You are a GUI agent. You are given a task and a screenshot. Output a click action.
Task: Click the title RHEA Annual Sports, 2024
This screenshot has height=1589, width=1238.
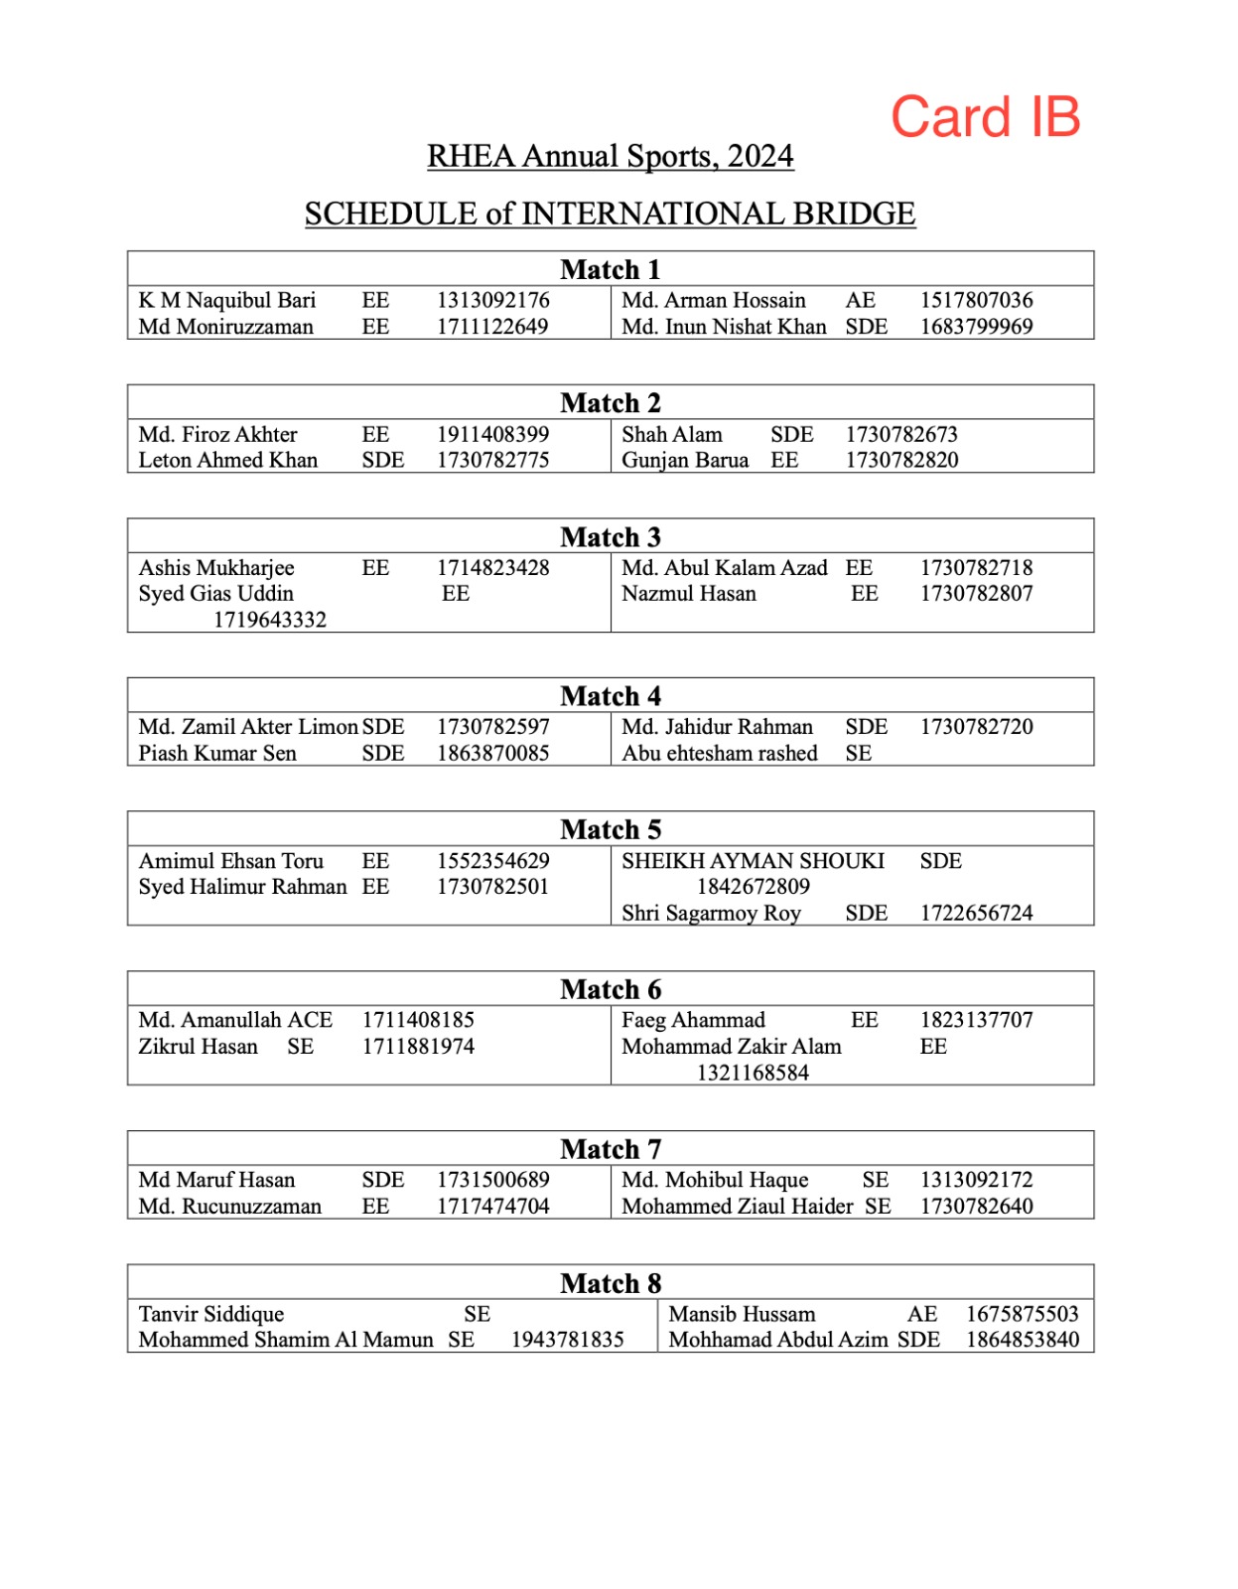pos(610,157)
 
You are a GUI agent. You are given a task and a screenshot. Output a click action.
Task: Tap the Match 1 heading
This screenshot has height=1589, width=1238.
pos(610,269)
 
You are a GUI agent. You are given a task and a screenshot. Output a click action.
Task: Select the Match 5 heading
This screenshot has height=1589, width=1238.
pos(610,829)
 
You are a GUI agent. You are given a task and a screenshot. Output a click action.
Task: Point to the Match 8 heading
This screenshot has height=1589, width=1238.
pos(610,1283)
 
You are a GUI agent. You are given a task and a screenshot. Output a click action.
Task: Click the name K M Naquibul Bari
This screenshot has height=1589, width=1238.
pos(227,300)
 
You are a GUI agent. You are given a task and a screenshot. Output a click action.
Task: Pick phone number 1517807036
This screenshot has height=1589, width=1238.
pos(976,300)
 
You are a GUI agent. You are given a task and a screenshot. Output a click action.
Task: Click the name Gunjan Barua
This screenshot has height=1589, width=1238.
pos(685,460)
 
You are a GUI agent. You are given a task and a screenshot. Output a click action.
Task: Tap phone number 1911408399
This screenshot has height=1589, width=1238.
pos(492,434)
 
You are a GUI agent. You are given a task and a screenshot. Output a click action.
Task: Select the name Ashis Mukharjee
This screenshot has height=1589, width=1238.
pos(216,567)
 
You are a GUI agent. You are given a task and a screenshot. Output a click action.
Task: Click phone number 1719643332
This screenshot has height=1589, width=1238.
pos(270,620)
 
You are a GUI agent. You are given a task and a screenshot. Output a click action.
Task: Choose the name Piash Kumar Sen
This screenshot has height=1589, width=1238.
pos(217,753)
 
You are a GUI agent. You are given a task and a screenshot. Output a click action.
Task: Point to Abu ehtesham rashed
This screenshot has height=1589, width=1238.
pos(720,753)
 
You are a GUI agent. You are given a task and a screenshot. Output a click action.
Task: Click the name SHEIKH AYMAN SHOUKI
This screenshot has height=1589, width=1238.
pos(753,861)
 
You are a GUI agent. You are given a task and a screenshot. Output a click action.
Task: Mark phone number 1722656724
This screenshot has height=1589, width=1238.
pos(976,913)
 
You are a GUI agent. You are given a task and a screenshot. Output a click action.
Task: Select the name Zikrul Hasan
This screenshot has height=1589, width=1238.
pos(198,1046)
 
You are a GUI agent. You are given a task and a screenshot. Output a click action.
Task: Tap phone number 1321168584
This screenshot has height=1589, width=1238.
pos(753,1073)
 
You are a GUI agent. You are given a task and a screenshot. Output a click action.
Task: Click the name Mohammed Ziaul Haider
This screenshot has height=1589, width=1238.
pos(738,1206)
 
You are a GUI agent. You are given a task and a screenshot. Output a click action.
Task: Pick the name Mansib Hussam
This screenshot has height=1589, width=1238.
pos(742,1314)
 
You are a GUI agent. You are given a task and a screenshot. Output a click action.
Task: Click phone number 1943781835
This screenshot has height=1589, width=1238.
pos(567,1340)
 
